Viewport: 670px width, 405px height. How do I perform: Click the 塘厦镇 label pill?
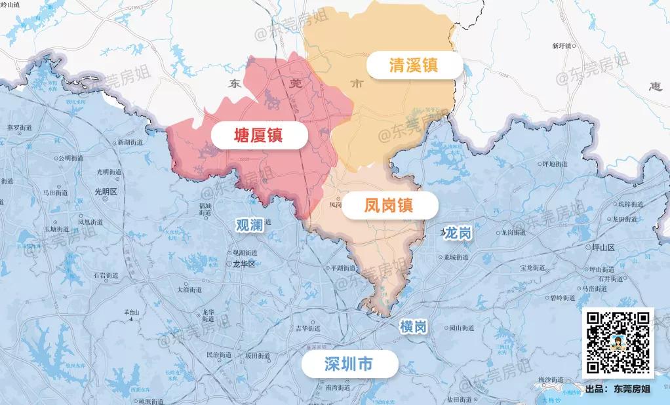click(x=258, y=136)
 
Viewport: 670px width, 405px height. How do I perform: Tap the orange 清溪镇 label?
click(x=414, y=65)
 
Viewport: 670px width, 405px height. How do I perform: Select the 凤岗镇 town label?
click(x=388, y=205)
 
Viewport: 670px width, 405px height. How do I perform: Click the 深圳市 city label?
click(x=348, y=364)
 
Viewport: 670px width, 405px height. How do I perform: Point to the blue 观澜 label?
click(x=249, y=225)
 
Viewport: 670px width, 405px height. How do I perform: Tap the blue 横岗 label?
click(x=413, y=326)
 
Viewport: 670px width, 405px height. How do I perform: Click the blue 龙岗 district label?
click(x=458, y=233)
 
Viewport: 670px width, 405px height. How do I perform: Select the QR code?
click(x=618, y=342)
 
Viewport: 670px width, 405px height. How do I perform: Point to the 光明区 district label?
click(x=105, y=192)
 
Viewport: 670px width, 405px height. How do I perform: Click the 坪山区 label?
click(x=602, y=248)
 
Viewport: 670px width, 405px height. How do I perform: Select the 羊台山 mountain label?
click(x=132, y=313)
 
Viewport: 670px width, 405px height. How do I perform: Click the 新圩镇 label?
click(x=562, y=46)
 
